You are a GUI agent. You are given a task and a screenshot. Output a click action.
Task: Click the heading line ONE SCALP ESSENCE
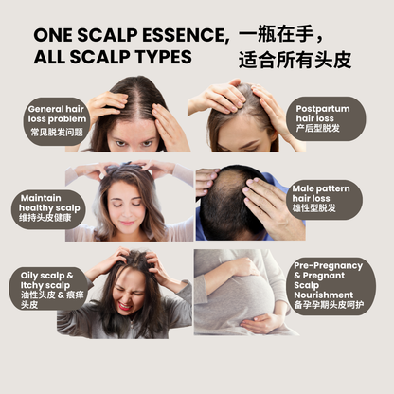[131, 35]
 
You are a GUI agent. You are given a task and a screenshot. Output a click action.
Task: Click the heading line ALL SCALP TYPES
[113, 57]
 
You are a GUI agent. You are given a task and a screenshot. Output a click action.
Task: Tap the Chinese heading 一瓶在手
[281, 33]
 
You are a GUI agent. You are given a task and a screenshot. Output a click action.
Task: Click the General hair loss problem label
[60, 121]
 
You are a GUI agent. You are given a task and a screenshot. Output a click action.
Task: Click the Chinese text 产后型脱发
[322, 129]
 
